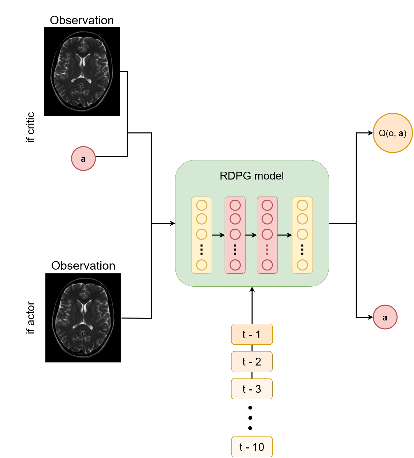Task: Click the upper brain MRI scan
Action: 82,71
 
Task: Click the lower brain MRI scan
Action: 83,317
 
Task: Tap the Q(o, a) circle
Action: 392,133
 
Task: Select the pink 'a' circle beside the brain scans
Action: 83,159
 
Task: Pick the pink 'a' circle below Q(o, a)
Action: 385,317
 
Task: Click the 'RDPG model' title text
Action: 252,176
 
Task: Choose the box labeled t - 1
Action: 252,334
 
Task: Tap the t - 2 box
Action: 252,362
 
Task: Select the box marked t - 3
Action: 252,389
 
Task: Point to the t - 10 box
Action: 252,447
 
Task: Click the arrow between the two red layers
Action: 251,235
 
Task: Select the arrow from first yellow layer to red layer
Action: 218,235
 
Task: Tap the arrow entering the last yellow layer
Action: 285,235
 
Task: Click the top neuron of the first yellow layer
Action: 202,205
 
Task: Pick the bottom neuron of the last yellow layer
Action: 302,265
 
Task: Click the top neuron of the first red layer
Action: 235,205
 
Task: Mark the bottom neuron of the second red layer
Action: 267,265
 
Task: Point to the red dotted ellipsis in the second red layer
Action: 267,250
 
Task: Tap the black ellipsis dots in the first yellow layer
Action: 202,250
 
